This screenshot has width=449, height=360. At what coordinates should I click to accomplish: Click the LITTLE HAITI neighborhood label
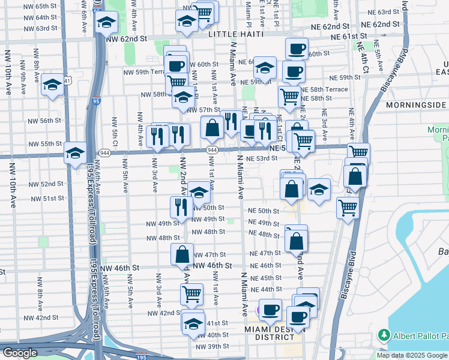[x=235, y=35]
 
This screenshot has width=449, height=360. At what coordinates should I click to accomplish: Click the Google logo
[x=20, y=353]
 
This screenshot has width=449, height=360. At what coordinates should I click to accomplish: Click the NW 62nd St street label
[x=126, y=38]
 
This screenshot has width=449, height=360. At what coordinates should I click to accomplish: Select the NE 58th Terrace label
[x=324, y=89]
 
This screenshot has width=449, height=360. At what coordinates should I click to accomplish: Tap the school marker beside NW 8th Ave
[x=53, y=85]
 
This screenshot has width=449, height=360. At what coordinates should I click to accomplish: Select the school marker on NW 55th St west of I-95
[x=76, y=153]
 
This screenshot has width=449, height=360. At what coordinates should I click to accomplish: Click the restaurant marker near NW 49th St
[x=181, y=207]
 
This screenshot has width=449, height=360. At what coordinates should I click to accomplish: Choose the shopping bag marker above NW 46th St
[x=182, y=253]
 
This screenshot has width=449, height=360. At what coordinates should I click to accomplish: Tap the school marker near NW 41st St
[x=193, y=322]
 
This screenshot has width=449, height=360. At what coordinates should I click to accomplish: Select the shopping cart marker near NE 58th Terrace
[x=289, y=95]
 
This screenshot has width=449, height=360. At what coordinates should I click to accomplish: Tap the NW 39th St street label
[x=212, y=347]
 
